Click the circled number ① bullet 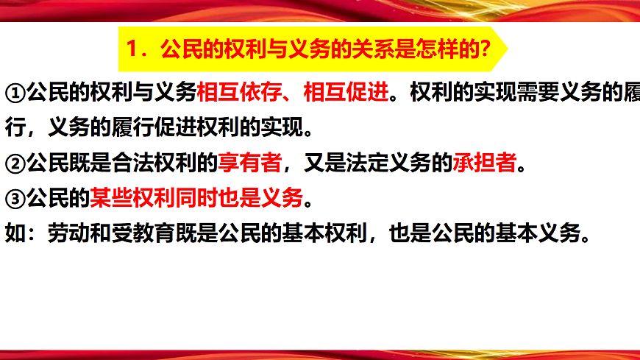[x=15, y=93]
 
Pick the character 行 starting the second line [x=15, y=129]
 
